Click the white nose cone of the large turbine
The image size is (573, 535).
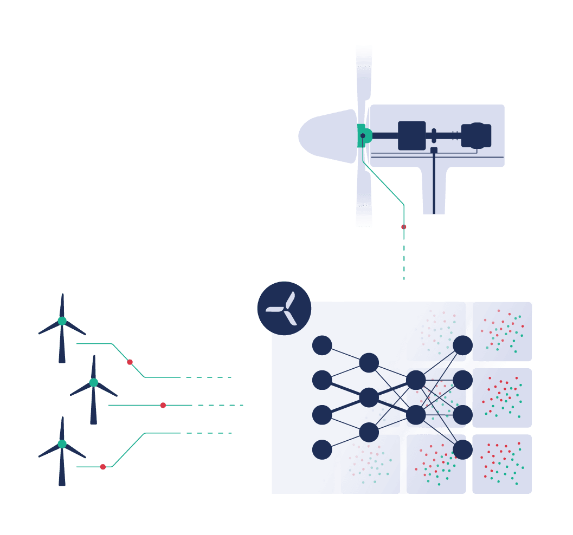(325, 136)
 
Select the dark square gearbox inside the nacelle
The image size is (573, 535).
(412, 135)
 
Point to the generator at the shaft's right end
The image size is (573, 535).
(477, 135)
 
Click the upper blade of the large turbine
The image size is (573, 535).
(364, 76)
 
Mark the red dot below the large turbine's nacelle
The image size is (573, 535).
(403, 227)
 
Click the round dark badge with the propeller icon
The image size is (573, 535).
(284, 308)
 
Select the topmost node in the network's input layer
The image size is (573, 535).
(322, 345)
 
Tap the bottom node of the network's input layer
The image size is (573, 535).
(322, 449)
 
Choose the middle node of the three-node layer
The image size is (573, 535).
(369, 397)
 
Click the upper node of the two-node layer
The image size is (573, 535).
(416, 380)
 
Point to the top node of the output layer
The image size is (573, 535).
(462, 345)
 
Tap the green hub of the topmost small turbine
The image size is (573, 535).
(62, 321)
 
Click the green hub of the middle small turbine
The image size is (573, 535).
(94, 382)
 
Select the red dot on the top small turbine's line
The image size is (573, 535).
(130, 362)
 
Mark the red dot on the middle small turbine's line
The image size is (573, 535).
(163, 405)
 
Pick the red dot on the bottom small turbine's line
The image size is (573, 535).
(103, 467)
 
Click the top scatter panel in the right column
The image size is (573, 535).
(502, 332)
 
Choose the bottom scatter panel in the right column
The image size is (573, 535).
(502, 464)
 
